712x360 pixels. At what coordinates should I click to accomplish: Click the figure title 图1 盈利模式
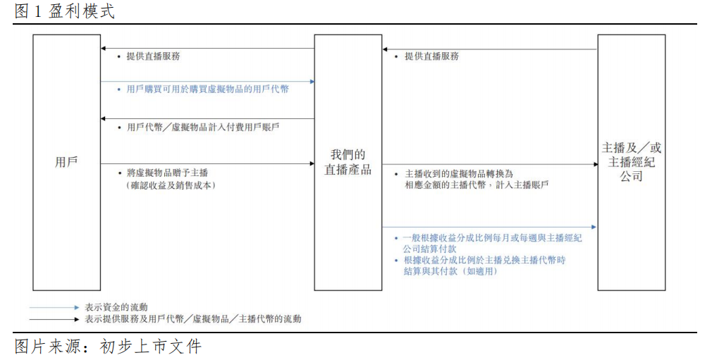pos(63,12)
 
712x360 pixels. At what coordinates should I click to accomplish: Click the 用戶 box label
pos(66,161)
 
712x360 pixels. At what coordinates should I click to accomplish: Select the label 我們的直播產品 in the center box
pos(348,162)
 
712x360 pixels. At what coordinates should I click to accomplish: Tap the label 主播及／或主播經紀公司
pos(631,162)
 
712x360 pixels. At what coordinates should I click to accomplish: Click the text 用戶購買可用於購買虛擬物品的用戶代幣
pos(207,89)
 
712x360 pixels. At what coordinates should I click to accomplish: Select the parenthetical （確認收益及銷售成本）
pos(169,185)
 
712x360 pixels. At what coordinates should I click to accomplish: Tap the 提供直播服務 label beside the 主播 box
pos(431,56)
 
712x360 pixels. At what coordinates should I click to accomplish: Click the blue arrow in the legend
pos(54,307)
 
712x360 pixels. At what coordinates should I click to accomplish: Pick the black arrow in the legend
pos(54,319)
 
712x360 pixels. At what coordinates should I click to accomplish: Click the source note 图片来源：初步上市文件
pos(108,347)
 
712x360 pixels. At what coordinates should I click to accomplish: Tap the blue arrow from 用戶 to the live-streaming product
pos(207,82)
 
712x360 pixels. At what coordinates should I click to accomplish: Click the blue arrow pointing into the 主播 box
pos(489,227)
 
